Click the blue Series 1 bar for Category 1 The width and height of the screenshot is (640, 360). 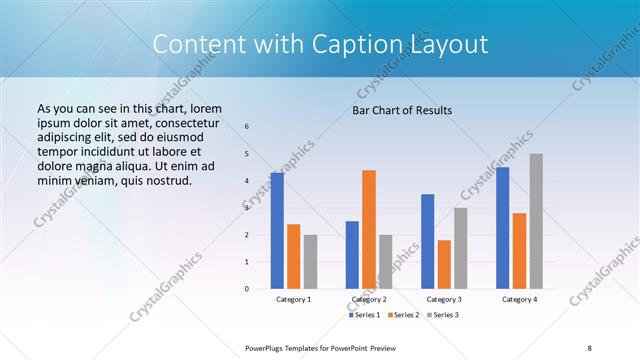[x=277, y=231]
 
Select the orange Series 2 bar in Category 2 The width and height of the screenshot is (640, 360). [x=369, y=229]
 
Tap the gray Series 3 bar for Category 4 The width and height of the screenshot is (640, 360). [x=536, y=221]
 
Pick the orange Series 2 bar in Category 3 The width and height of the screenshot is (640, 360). [x=444, y=264]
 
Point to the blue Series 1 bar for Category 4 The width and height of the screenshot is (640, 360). [x=503, y=228]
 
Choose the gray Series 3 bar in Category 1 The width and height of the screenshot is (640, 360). [x=310, y=261]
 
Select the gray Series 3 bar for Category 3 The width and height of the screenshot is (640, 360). [x=460, y=248]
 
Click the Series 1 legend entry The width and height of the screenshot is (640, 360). [x=364, y=315]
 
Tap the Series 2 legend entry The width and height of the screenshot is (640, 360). [x=403, y=315]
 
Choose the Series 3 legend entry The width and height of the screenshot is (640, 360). [x=441, y=315]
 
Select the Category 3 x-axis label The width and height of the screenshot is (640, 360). [x=444, y=299]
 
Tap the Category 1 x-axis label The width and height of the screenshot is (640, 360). [x=294, y=299]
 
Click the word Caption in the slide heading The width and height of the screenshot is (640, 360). [x=369, y=45]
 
